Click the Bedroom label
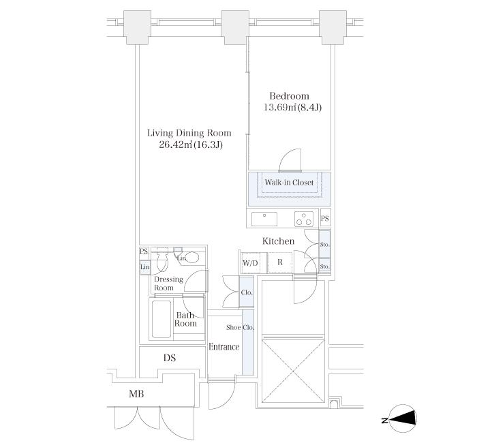tap(289, 96)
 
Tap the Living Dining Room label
tap(189, 133)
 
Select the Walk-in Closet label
tap(289, 183)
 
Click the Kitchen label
tap(279, 241)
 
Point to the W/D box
tap(249, 263)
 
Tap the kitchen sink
tap(264, 218)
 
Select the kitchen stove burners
tap(303, 218)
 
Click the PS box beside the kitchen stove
tap(325, 219)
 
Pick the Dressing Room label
tap(168, 284)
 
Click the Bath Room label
tap(186, 319)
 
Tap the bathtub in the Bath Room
tap(160, 319)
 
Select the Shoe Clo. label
tap(241, 327)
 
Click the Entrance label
tap(224, 347)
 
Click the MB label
tap(136, 395)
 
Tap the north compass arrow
tap(402, 419)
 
